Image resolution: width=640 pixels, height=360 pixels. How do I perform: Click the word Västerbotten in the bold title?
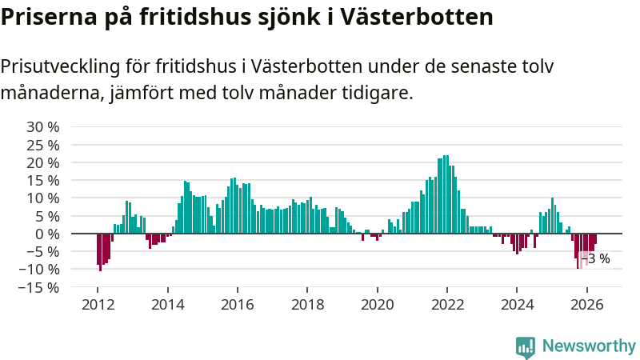(417, 17)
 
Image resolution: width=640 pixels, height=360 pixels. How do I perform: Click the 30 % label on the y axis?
(43, 127)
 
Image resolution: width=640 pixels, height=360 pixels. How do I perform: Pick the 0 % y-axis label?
(47, 234)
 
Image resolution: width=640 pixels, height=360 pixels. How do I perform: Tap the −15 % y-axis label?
(39, 288)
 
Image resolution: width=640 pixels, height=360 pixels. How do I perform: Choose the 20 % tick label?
(43, 163)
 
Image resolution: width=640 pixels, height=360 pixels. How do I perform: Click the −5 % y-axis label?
(43, 252)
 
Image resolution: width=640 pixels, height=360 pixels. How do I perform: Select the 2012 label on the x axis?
(98, 305)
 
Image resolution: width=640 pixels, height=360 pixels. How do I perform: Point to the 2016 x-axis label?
(238, 305)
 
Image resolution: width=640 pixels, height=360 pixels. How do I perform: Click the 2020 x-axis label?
(377, 305)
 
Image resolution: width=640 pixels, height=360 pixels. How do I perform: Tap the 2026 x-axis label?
(587, 305)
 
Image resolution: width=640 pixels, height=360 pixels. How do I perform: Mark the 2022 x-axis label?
(447, 305)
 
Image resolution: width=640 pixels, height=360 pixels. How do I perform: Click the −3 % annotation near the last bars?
(595, 258)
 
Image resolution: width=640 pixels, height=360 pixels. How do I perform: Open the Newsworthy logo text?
(589, 346)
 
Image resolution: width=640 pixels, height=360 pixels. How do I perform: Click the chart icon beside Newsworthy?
(526, 347)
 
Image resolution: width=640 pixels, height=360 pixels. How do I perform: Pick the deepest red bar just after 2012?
(101, 252)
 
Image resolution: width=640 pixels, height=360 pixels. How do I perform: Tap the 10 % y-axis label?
(43, 198)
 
